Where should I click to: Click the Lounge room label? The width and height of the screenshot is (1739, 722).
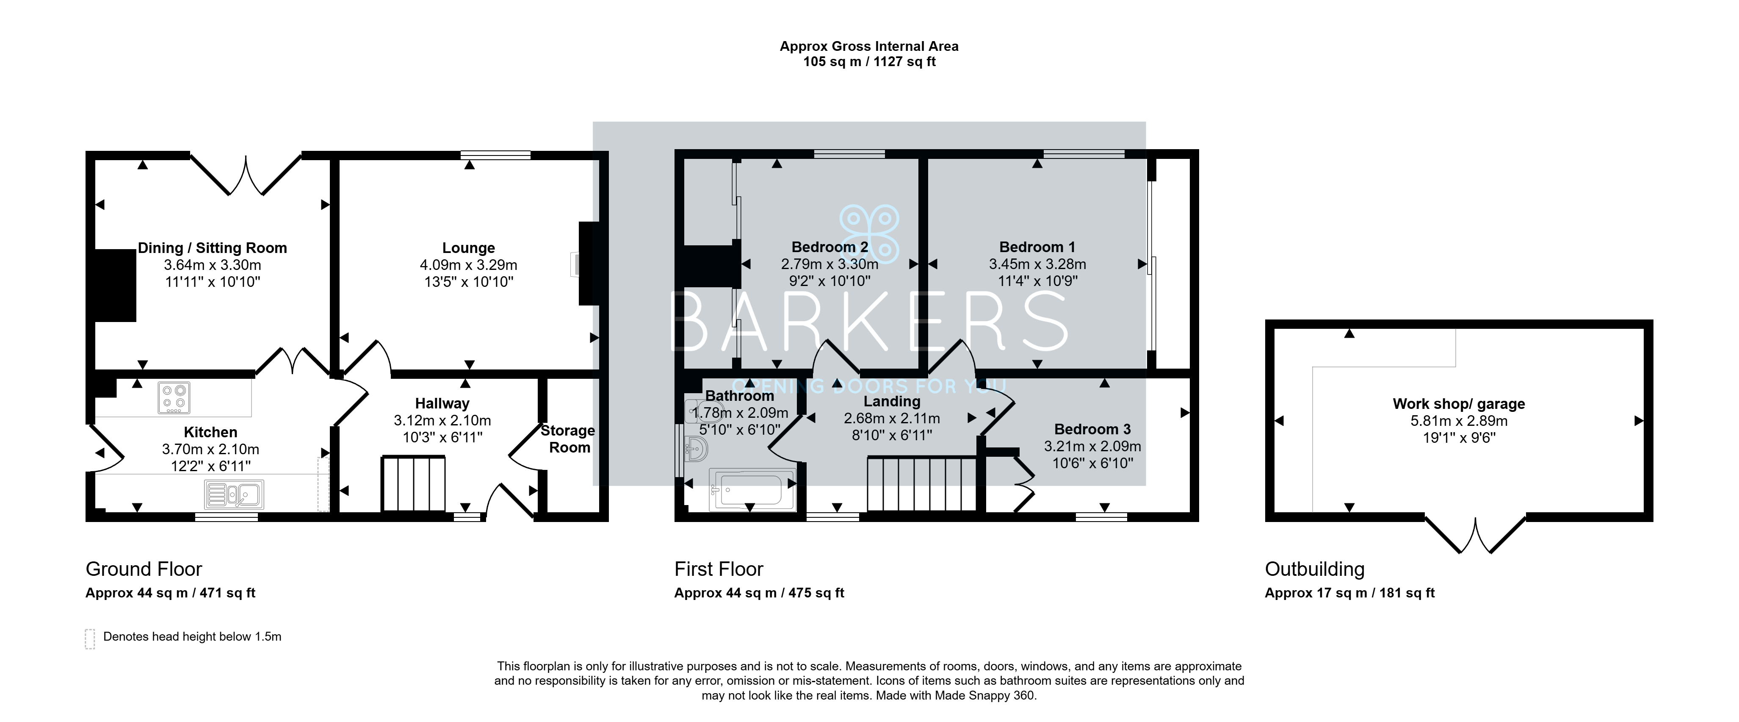pyautogui.click(x=468, y=248)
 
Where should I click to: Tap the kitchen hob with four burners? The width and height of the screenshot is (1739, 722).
pyautogui.click(x=174, y=398)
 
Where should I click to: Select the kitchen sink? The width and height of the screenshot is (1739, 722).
pyautogui.click(x=234, y=494)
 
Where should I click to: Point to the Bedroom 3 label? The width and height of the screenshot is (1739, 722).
pyautogui.click(x=1092, y=429)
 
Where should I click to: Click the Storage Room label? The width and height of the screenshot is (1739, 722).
pyautogui.click(x=568, y=439)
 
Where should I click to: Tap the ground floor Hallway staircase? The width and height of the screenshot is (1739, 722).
pyautogui.click(x=414, y=484)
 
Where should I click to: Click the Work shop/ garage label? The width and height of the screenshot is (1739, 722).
pyautogui.click(x=1459, y=404)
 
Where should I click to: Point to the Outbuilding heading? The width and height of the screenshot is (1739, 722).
pyautogui.click(x=1314, y=569)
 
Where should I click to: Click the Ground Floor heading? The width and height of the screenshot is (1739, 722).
pyautogui.click(x=144, y=569)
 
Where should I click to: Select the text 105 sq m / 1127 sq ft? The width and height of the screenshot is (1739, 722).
pyautogui.click(x=869, y=62)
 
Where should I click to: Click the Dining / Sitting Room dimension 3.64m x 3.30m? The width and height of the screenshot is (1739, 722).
pyautogui.click(x=213, y=265)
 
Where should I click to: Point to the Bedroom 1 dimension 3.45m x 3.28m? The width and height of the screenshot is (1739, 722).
pyautogui.click(x=1037, y=264)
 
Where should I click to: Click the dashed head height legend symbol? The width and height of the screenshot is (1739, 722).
pyautogui.click(x=90, y=639)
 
